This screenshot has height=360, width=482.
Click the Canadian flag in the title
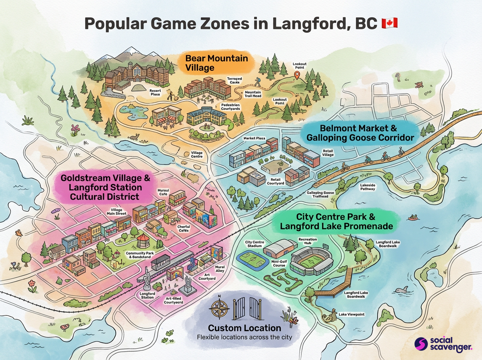pos(390,23)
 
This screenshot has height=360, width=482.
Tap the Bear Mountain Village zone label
pos(216,63)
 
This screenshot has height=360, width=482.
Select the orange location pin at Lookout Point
pos(297,76)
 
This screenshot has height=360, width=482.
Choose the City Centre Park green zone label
pos(336,221)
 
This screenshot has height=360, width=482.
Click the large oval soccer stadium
pos(311,262)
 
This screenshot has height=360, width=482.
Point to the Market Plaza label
pos(254,138)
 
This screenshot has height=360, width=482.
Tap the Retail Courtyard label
pos(276,181)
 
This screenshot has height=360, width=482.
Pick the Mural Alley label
pos(220,269)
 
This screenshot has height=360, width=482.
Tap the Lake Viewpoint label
pos(352,314)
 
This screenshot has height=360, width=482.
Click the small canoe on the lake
pos(412,218)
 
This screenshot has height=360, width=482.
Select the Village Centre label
pos(196,155)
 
